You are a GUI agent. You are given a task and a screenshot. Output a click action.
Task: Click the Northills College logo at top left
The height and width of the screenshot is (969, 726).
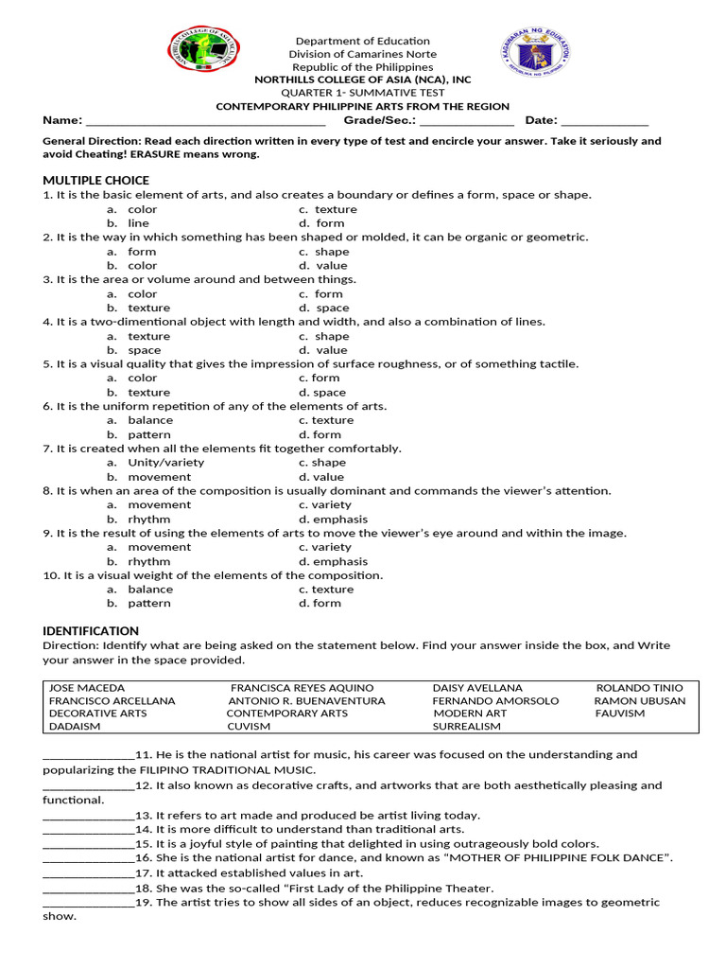203,50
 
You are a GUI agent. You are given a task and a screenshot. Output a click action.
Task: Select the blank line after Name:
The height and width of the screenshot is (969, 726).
205,121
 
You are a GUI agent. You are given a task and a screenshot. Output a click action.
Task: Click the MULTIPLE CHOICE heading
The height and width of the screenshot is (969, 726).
95,180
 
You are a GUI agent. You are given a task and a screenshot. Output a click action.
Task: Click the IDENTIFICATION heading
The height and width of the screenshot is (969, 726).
91,631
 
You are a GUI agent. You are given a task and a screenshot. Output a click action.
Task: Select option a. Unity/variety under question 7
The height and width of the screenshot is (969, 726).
155,463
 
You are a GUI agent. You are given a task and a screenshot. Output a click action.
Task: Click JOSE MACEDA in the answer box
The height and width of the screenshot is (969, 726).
87,688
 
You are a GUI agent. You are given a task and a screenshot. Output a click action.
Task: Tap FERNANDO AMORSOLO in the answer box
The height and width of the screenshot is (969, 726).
495,701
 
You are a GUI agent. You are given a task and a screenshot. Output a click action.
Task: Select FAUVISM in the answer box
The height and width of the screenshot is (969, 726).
620,714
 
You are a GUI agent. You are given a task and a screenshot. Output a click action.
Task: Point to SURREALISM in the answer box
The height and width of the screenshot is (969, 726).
467,727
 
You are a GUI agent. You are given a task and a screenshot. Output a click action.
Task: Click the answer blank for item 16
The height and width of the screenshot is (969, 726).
89,858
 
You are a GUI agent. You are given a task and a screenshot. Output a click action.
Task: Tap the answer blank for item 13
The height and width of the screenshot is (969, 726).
89,816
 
